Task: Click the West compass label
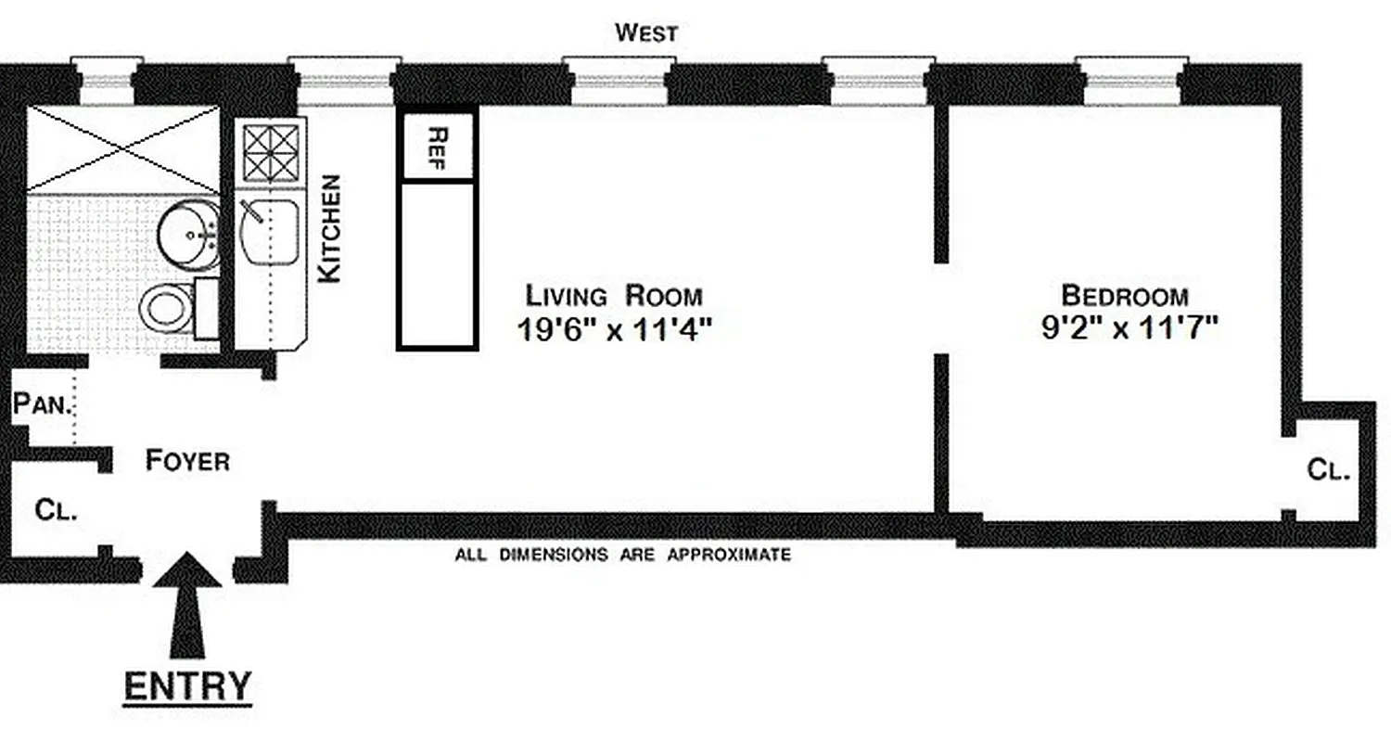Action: pos(646,33)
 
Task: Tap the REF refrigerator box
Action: pos(437,147)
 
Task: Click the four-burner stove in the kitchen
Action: pos(271,153)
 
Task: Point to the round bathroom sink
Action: pos(188,235)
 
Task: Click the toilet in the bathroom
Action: pos(168,307)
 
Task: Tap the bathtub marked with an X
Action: pos(122,149)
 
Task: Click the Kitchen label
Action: pos(329,229)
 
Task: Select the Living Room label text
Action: pos(614,297)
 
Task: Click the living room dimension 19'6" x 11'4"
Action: pos(614,329)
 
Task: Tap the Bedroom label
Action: pos(1124,296)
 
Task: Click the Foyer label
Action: pos(187,460)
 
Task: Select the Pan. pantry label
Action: pos(42,404)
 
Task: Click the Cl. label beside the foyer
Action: pos(56,510)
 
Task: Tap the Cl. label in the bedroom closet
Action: pos(1328,470)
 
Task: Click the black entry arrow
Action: pos(187,603)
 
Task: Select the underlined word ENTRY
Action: pos(187,686)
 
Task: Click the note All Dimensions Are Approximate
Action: pos(622,556)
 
